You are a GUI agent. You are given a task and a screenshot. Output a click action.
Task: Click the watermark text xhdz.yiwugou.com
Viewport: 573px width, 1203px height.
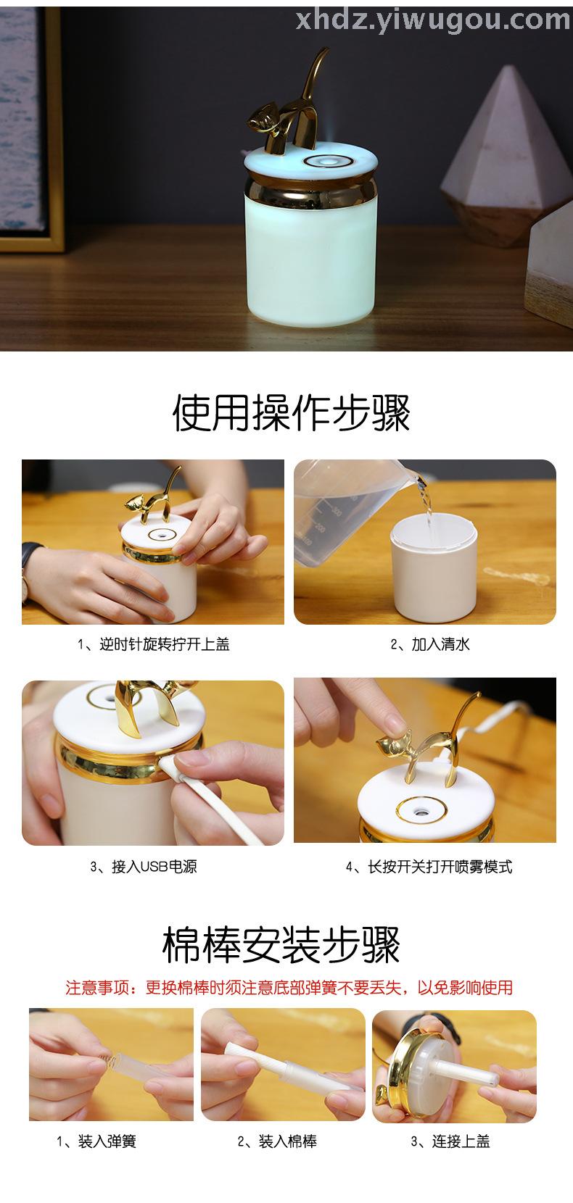click(433, 20)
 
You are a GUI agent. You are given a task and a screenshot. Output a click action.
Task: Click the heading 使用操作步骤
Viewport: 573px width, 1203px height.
click(292, 412)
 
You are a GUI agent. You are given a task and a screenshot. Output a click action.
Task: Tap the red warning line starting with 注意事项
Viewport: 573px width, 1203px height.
click(289, 987)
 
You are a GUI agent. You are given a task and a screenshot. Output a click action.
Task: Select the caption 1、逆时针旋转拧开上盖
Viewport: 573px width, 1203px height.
click(154, 644)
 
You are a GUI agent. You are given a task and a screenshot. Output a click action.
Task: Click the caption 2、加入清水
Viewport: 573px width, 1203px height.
click(430, 644)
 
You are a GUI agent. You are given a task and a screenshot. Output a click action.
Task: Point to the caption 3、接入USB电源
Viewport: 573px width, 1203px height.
click(144, 866)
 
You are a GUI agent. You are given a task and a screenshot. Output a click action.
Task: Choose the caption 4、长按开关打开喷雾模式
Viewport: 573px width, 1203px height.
click(429, 866)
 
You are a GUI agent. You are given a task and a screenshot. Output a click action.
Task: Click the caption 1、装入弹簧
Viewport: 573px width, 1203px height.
click(96, 1141)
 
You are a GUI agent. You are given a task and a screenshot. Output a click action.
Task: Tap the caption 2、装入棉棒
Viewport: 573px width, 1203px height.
click(277, 1141)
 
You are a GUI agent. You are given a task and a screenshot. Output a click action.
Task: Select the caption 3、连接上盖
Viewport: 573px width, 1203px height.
click(450, 1141)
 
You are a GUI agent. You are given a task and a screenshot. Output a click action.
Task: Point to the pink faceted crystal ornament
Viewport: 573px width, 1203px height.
click(506, 156)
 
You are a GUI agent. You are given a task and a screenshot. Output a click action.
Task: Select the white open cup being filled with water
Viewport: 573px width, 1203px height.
click(434, 567)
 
